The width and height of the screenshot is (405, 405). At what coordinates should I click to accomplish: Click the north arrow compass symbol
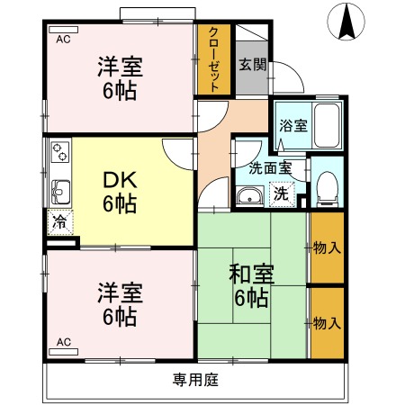(346, 22)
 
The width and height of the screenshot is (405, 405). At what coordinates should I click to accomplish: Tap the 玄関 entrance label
(251, 64)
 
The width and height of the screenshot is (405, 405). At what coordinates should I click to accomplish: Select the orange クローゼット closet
(214, 59)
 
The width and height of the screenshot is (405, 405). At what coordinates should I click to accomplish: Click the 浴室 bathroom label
(292, 126)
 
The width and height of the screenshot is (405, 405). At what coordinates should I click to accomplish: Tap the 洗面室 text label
(270, 167)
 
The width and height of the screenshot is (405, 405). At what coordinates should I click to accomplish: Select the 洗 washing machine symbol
(282, 193)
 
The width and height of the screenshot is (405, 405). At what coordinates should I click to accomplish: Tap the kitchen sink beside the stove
(60, 191)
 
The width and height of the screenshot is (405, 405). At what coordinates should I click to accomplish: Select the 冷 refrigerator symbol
(59, 221)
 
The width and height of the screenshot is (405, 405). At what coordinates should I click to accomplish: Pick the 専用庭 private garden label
(196, 379)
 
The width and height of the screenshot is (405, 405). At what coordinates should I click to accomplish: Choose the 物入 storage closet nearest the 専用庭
(327, 322)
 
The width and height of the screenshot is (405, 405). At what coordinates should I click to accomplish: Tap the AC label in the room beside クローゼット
(63, 40)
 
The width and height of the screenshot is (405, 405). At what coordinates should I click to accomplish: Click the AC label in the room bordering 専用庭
(63, 342)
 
